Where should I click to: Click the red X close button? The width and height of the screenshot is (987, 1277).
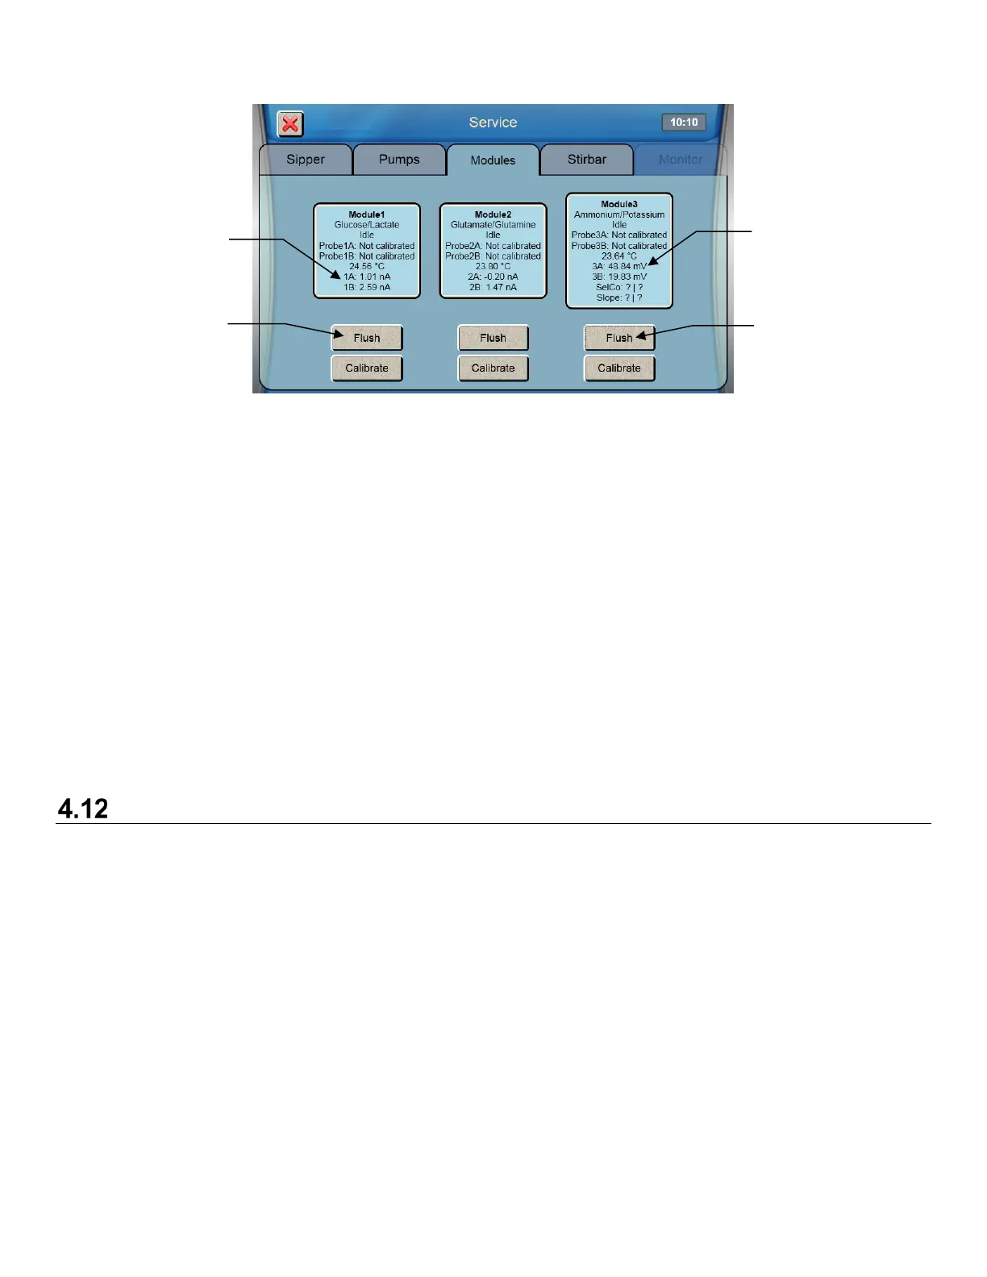(x=290, y=124)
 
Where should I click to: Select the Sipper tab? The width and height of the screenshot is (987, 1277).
(x=306, y=160)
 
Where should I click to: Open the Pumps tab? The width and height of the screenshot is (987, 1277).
(x=399, y=160)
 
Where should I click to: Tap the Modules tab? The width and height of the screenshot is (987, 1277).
(x=493, y=160)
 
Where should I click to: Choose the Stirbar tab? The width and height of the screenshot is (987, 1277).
(x=587, y=160)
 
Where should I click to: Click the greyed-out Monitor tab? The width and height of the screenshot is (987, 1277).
(x=681, y=160)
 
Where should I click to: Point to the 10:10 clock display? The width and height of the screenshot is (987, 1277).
(x=684, y=123)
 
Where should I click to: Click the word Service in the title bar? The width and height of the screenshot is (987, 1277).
(x=493, y=123)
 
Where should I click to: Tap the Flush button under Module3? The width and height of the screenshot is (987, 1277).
(x=619, y=338)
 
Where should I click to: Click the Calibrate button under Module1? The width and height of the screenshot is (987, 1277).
(x=367, y=368)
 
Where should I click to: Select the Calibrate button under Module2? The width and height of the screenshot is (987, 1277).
(x=493, y=368)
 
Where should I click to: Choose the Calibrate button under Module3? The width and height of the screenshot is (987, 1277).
(x=619, y=368)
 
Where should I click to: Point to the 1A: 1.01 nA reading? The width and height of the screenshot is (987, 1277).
(x=367, y=277)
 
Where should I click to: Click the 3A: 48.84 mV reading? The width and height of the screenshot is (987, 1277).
(x=619, y=266)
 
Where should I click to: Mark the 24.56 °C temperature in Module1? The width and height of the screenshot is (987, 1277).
(x=367, y=266)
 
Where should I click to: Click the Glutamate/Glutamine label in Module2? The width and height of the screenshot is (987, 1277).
(x=493, y=225)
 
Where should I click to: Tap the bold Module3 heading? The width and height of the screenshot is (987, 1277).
(x=619, y=205)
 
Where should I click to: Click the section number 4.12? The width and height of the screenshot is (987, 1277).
(x=83, y=809)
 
